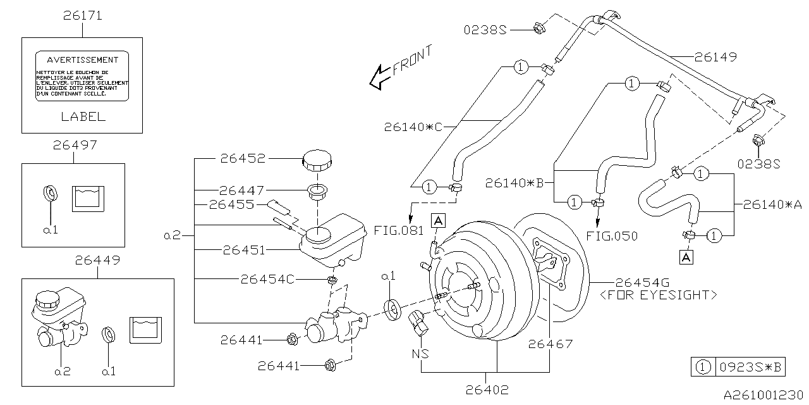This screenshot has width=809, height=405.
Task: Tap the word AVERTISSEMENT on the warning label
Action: point(83,60)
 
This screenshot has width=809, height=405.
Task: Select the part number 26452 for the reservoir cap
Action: point(243,159)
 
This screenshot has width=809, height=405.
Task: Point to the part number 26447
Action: point(243,190)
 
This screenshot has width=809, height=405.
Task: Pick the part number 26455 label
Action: point(231,204)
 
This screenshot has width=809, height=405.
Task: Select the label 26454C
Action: point(267,279)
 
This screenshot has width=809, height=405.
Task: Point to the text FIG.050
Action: point(611,236)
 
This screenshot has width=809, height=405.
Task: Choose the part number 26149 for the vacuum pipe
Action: point(715,57)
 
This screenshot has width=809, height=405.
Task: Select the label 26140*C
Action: point(414,127)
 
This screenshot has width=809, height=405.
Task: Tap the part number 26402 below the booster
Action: point(486,390)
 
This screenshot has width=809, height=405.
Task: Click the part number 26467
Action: point(550,344)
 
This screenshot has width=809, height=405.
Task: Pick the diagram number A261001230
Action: point(763,394)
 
